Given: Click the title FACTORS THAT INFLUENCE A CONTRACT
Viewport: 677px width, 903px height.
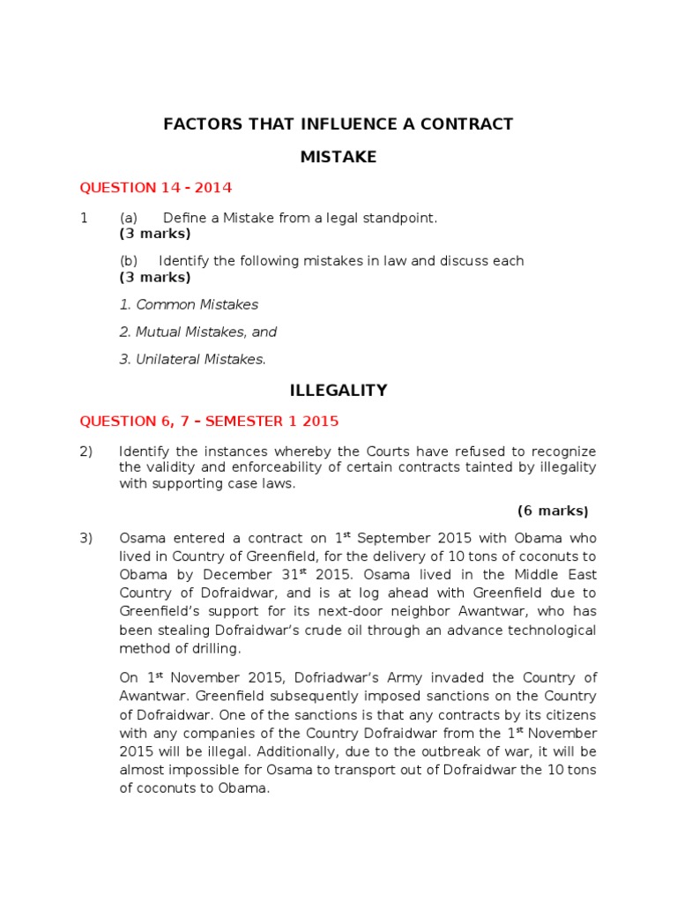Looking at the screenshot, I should tap(338, 124).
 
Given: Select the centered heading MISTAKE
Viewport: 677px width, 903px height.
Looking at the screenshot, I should tap(338, 157).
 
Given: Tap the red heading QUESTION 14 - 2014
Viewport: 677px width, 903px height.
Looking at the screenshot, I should tap(156, 188).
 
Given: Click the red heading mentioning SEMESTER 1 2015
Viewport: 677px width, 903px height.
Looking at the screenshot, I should tap(209, 421).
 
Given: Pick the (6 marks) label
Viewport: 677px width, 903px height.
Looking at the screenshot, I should tap(552, 511).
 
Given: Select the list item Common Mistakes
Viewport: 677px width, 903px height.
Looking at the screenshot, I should tap(189, 304).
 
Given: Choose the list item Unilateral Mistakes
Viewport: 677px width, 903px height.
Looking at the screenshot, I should tap(192, 359).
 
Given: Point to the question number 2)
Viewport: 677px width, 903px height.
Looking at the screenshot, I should tap(86, 451).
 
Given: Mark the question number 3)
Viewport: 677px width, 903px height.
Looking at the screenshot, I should tap(86, 538).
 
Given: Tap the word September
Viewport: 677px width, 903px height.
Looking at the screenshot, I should tap(391, 538).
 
